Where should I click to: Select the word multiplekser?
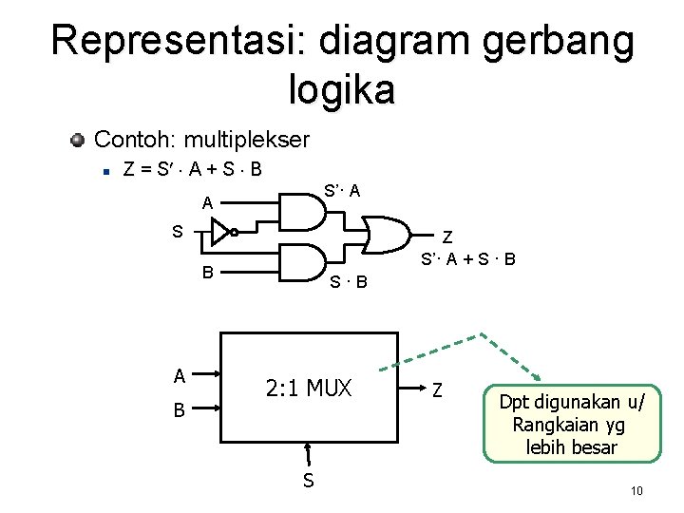(x=247, y=141)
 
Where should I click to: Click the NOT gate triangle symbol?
(x=221, y=231)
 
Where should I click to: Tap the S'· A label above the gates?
(x=342, y=191)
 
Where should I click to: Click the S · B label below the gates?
(x=349, y=281)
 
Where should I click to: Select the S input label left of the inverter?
(x=177, y=230)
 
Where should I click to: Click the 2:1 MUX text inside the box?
(x=309, y=389)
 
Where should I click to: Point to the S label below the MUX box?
(x=308, y=481)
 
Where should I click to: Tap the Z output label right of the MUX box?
(x=437, y=389)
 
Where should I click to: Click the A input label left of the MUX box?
(x=180, y=375)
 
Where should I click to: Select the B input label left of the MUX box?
(x=180, y=412)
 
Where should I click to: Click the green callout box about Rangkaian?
(x=569, y=423)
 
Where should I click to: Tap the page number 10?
(x=636, y=490)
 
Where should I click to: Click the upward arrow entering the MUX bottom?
(x=308, y=455)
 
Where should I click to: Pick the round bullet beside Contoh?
(x=78, y=141)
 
